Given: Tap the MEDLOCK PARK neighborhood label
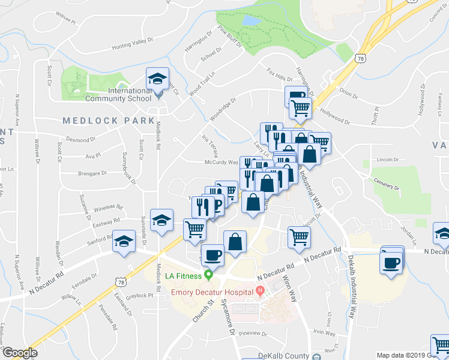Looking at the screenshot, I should pos(109,121).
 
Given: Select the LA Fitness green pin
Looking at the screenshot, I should pos(208,276).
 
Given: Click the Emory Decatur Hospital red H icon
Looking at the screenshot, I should pos(260,292).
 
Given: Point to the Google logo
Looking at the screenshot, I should pos(20,353).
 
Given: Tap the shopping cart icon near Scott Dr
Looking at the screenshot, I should pos(298,236).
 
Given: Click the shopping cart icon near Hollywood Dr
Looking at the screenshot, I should pos(300,108).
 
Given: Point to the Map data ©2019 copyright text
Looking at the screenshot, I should pos(411,355).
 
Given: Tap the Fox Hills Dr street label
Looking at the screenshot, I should pos(279,74).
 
